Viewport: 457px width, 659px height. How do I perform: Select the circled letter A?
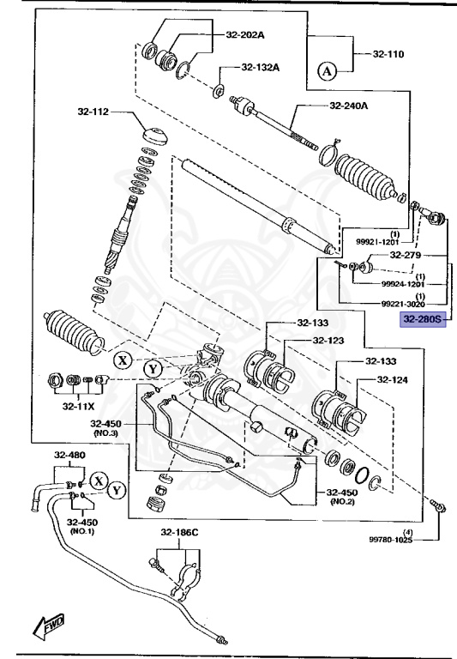pyautogui.click(x=327, y=72)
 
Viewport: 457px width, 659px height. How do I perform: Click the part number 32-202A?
pyautogui.click(x=247, y=36)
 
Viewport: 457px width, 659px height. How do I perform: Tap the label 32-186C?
pyautogui.click(x=179, y=532)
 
